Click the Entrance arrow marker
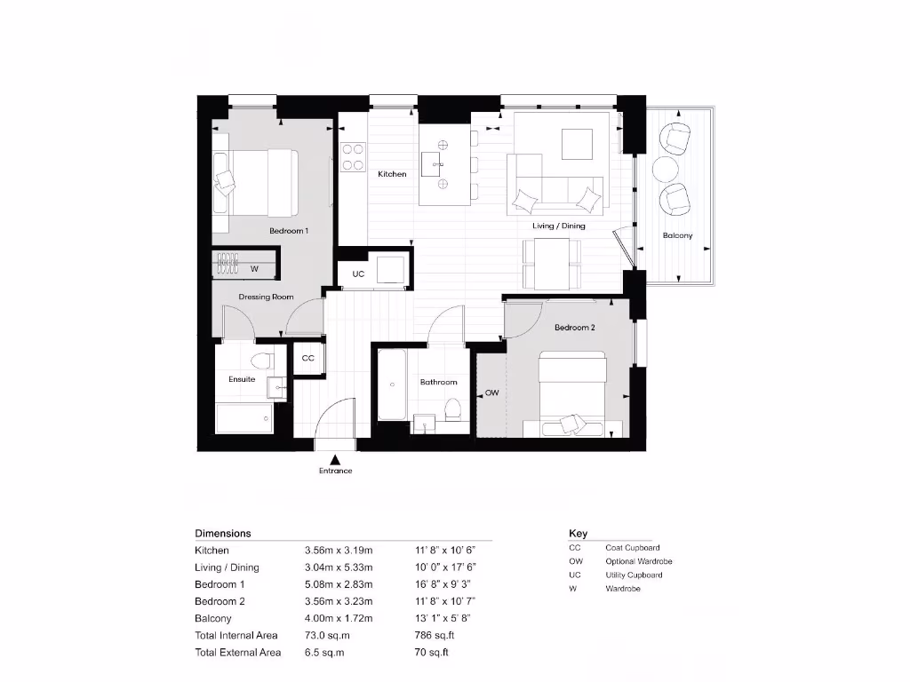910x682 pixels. coord(335,459)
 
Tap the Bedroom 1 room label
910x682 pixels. coord(289,231)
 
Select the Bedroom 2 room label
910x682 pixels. coord(574,328)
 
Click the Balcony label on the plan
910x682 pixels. coord(677,235)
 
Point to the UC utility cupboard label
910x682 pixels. coord(358,274)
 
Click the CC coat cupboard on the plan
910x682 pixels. coord(308,359)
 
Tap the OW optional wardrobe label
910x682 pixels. coord(491,393)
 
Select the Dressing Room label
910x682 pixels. coord(266,297)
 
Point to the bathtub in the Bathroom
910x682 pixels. coord(392,385)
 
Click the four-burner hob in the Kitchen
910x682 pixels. coord(354,156)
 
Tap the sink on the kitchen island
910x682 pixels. coord(435,163)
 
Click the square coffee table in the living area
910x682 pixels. coord(576,144)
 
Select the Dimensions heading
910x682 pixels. coord(223,534)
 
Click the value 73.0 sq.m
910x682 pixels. coord(324,636)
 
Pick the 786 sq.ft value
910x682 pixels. coord(433,636)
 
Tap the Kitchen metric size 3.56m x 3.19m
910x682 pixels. coord(339,551)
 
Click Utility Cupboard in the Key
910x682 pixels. coord(634,575)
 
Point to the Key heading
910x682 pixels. coord(578,534)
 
